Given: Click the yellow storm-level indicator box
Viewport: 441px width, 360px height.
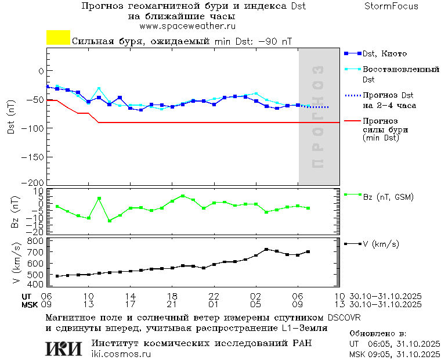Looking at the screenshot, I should [x=58, y=38].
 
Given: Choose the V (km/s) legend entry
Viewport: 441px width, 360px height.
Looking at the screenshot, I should [x=381, y=244].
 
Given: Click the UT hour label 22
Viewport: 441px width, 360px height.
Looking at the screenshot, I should [x=214, y=296].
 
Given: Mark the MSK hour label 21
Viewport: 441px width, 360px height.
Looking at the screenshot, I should [x=172, y=304].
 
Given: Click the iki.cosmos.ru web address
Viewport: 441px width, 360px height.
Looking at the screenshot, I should [x=121, y=354].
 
